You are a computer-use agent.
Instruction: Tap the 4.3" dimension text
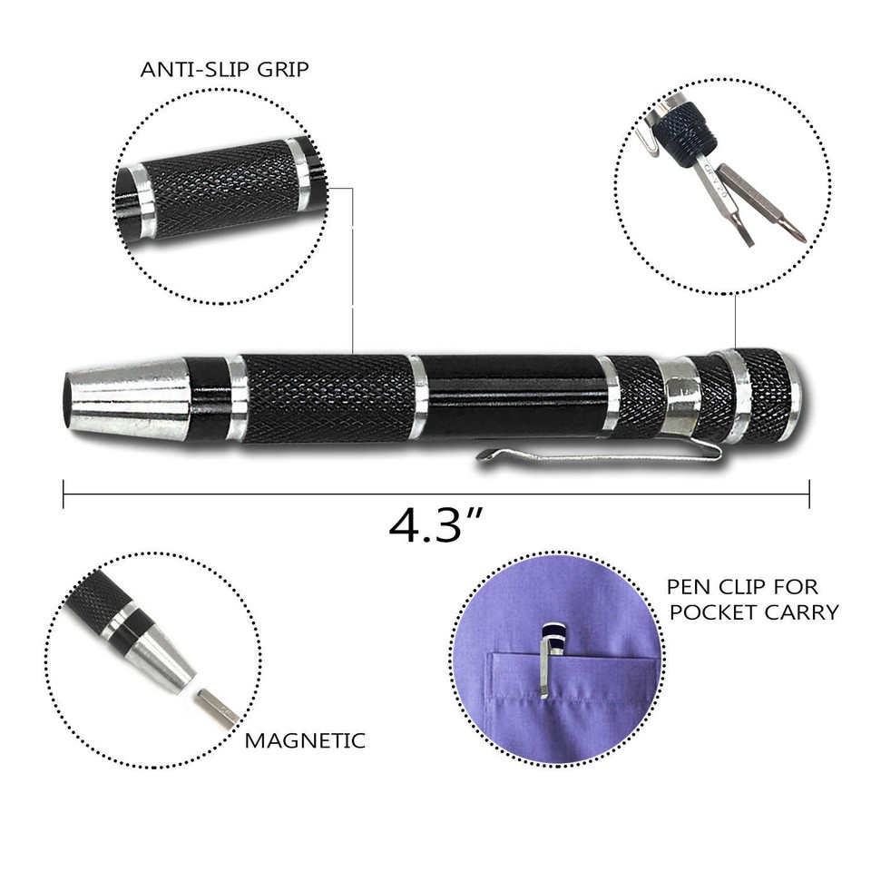pyautogui.click(x=435, y=524)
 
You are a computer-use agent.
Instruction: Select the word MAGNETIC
pyautogui.click(x=305, y=740)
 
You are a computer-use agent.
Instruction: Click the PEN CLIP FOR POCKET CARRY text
pyautogui.click(x=752, y=599)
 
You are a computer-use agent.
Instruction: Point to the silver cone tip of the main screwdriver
pyautogui.click(x=127, y=399)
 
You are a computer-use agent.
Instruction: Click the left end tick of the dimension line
pyautogui.click(x=64, y=494)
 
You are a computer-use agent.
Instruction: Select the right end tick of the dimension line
pyautogui.click(x=808, y=494)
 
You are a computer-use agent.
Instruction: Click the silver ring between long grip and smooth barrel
pyautogui.click(x=418, y=396)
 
